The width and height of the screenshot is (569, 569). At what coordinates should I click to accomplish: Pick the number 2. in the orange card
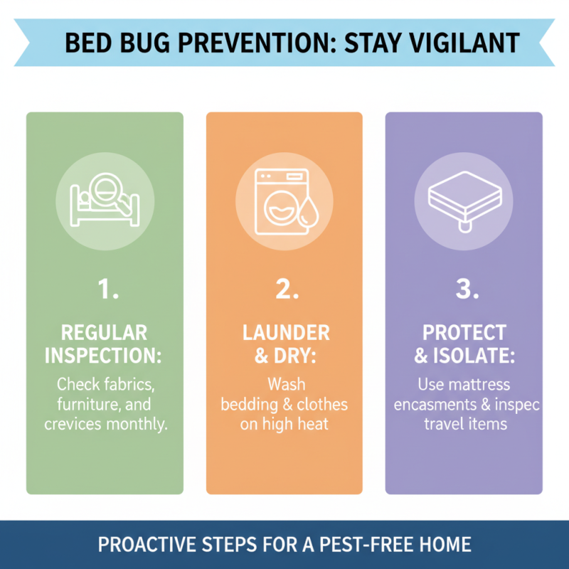pyautogui.click(x=284, y=289)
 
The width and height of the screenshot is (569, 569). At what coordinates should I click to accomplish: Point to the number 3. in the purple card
pyautogui.click(x=463, y=289)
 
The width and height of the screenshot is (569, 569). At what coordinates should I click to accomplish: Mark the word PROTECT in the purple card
pyautogui.click(x=463, y=333)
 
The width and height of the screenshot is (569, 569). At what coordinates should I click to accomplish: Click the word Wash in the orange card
pyautogui.click(x=285, y=385)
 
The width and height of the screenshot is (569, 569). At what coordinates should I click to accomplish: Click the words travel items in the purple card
pyautogui.click(x=464, y=423)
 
